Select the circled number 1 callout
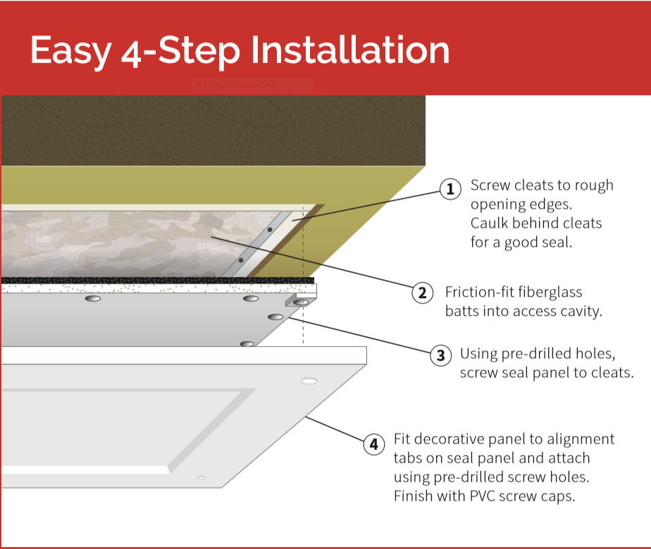pyautogui.click(x=450, y=190)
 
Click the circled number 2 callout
pyautogui.click(x=422, y=292)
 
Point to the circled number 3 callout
pyautogui.click(x=440, y=355)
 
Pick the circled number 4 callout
pyautogui.click(x=373, y=444)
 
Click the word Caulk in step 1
pyautogui.click(x=491, y=223)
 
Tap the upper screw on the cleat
pyautogui.click(x=269, y=230)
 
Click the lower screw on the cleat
pyautogui.click(x=241, y=261)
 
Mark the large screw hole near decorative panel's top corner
pyautogui.click(x=308, y=381)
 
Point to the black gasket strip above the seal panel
pyautogui.click(x=155, y=280)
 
